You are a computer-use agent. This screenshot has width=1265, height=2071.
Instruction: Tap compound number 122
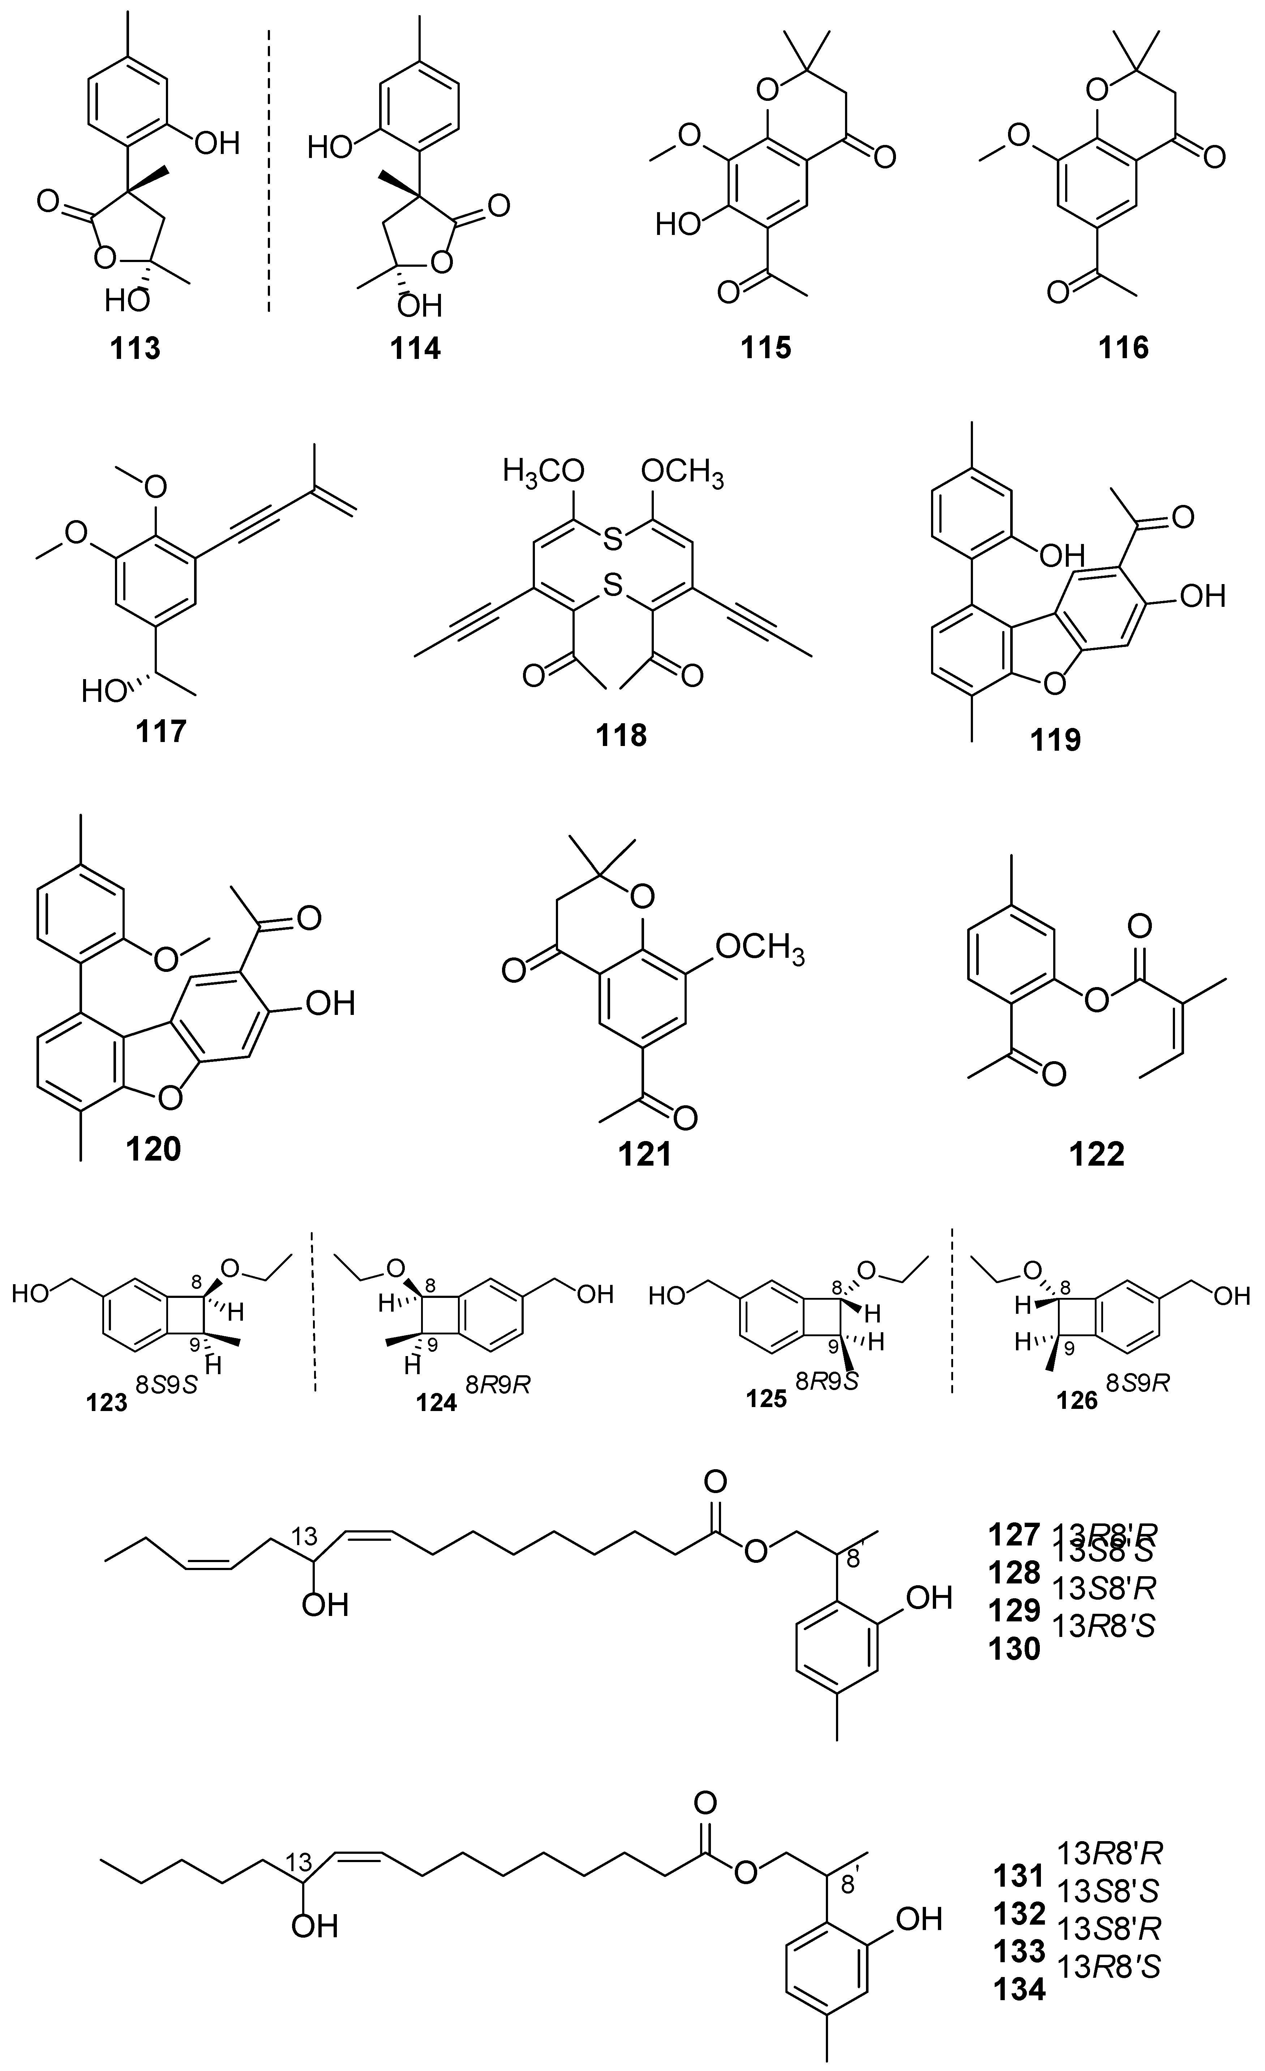pyautogui.click(x=1098, y=1153)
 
